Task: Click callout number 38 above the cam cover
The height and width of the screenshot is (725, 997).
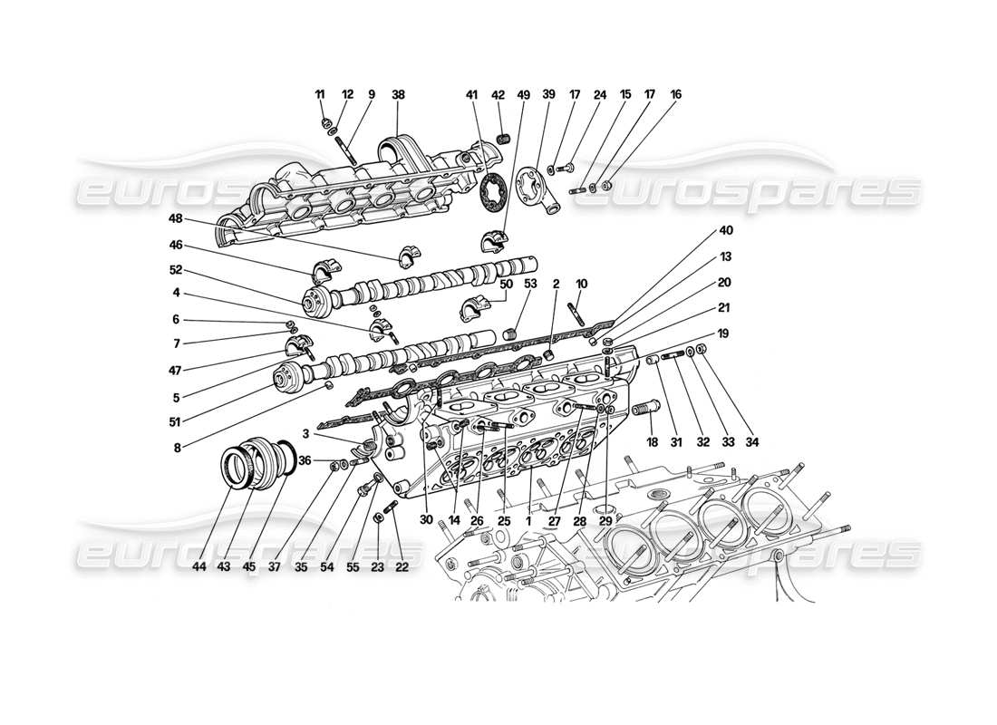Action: (x=398, y=94)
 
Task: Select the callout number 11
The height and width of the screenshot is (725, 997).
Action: (x=319, y=94)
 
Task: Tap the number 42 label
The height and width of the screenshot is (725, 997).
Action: (x=498, y=94)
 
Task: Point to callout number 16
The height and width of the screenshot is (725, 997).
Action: (x=676, y=94)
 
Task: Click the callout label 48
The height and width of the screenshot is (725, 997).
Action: (x=175, y=218)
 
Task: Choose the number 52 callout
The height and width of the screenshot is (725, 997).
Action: (x=175, y=270)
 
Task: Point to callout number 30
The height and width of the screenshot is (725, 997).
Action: (x=426, y=520)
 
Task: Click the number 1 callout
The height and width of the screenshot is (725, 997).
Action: (x=528, y=520)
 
